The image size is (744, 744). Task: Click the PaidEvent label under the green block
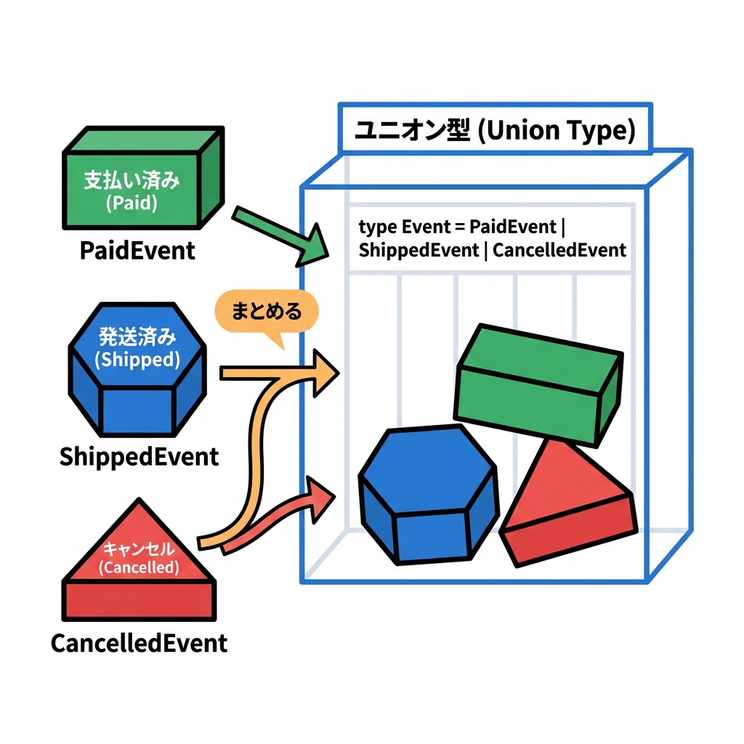137,251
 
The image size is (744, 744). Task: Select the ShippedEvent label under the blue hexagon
139,456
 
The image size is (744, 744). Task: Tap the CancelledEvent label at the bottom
139,642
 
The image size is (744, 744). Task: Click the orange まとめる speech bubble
266,312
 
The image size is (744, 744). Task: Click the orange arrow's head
325,373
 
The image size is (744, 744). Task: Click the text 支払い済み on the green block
132,181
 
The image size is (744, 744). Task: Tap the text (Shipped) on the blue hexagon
138,359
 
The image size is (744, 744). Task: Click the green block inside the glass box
538,385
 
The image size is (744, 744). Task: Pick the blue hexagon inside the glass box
429,494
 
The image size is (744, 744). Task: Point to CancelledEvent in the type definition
558,250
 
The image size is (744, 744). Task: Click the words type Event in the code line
395,226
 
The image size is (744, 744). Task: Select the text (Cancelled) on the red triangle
138,567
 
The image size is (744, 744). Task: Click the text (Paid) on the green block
132,203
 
